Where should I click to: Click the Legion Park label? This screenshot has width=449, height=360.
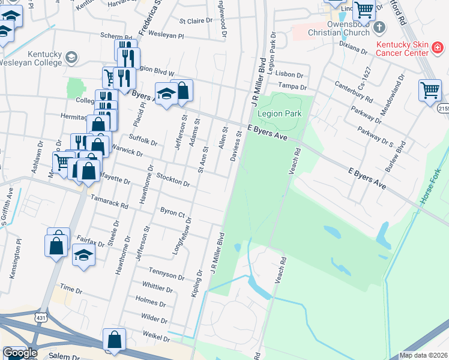pos(279,113)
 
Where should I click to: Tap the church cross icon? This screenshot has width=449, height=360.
pos(379,27)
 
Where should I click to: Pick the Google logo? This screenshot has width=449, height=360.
pos(20,353)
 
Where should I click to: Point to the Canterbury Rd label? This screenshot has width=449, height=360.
pos(354,92)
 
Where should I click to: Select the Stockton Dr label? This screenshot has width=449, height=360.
pos(173,179)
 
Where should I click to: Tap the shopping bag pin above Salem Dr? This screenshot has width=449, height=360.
pos(113,340)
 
